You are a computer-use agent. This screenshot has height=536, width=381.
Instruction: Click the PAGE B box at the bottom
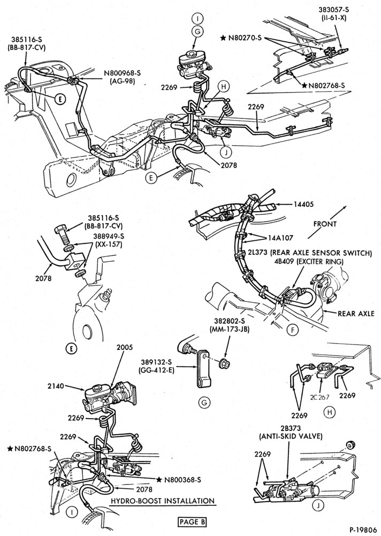coord(193,522)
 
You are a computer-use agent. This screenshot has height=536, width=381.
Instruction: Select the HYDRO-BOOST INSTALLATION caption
coord(163,501)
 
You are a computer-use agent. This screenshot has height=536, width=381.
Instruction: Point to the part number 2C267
coord(319,397)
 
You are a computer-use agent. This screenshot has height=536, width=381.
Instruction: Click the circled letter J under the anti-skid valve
coord(318,505)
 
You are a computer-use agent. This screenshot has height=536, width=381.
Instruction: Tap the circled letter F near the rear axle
coord(293,330)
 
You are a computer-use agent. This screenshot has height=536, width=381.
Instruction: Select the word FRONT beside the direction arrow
coord(325,224)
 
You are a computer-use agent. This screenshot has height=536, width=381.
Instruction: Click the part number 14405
coord(303,204)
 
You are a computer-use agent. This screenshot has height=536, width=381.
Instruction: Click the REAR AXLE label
coord(356,314)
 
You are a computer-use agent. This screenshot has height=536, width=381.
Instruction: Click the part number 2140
coord(56,386)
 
